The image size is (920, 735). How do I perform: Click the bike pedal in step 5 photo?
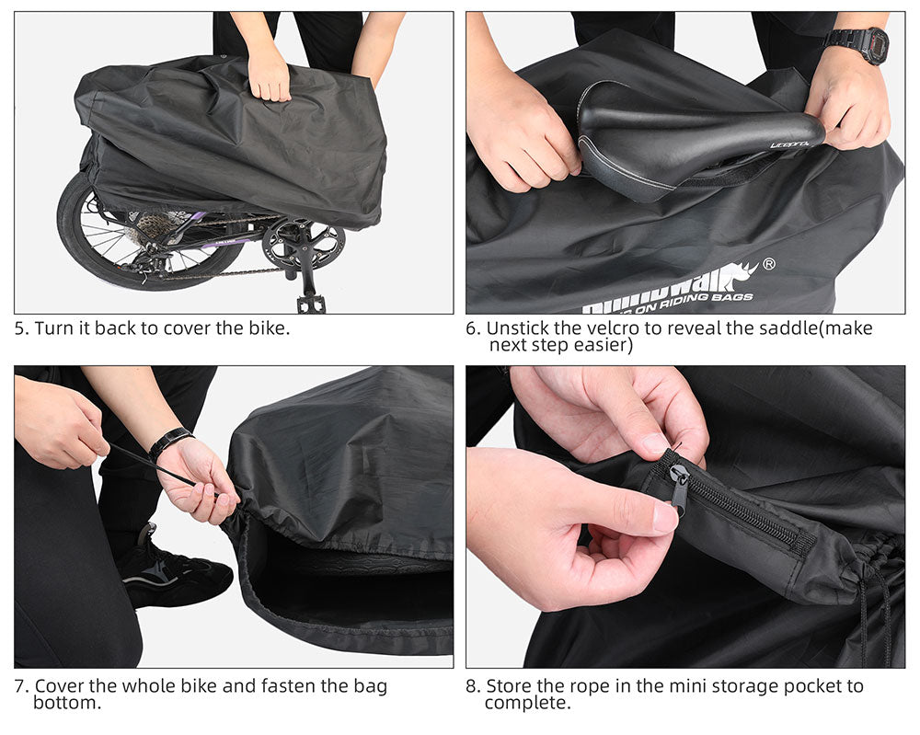pos(309,302)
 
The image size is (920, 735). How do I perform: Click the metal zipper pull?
pos(679,488)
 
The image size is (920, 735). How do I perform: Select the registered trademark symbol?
pos(769,264)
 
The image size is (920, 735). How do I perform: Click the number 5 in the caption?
pos(19,328)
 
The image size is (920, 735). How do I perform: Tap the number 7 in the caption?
pos(19,686)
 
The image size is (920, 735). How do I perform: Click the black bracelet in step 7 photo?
pos(169,442)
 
